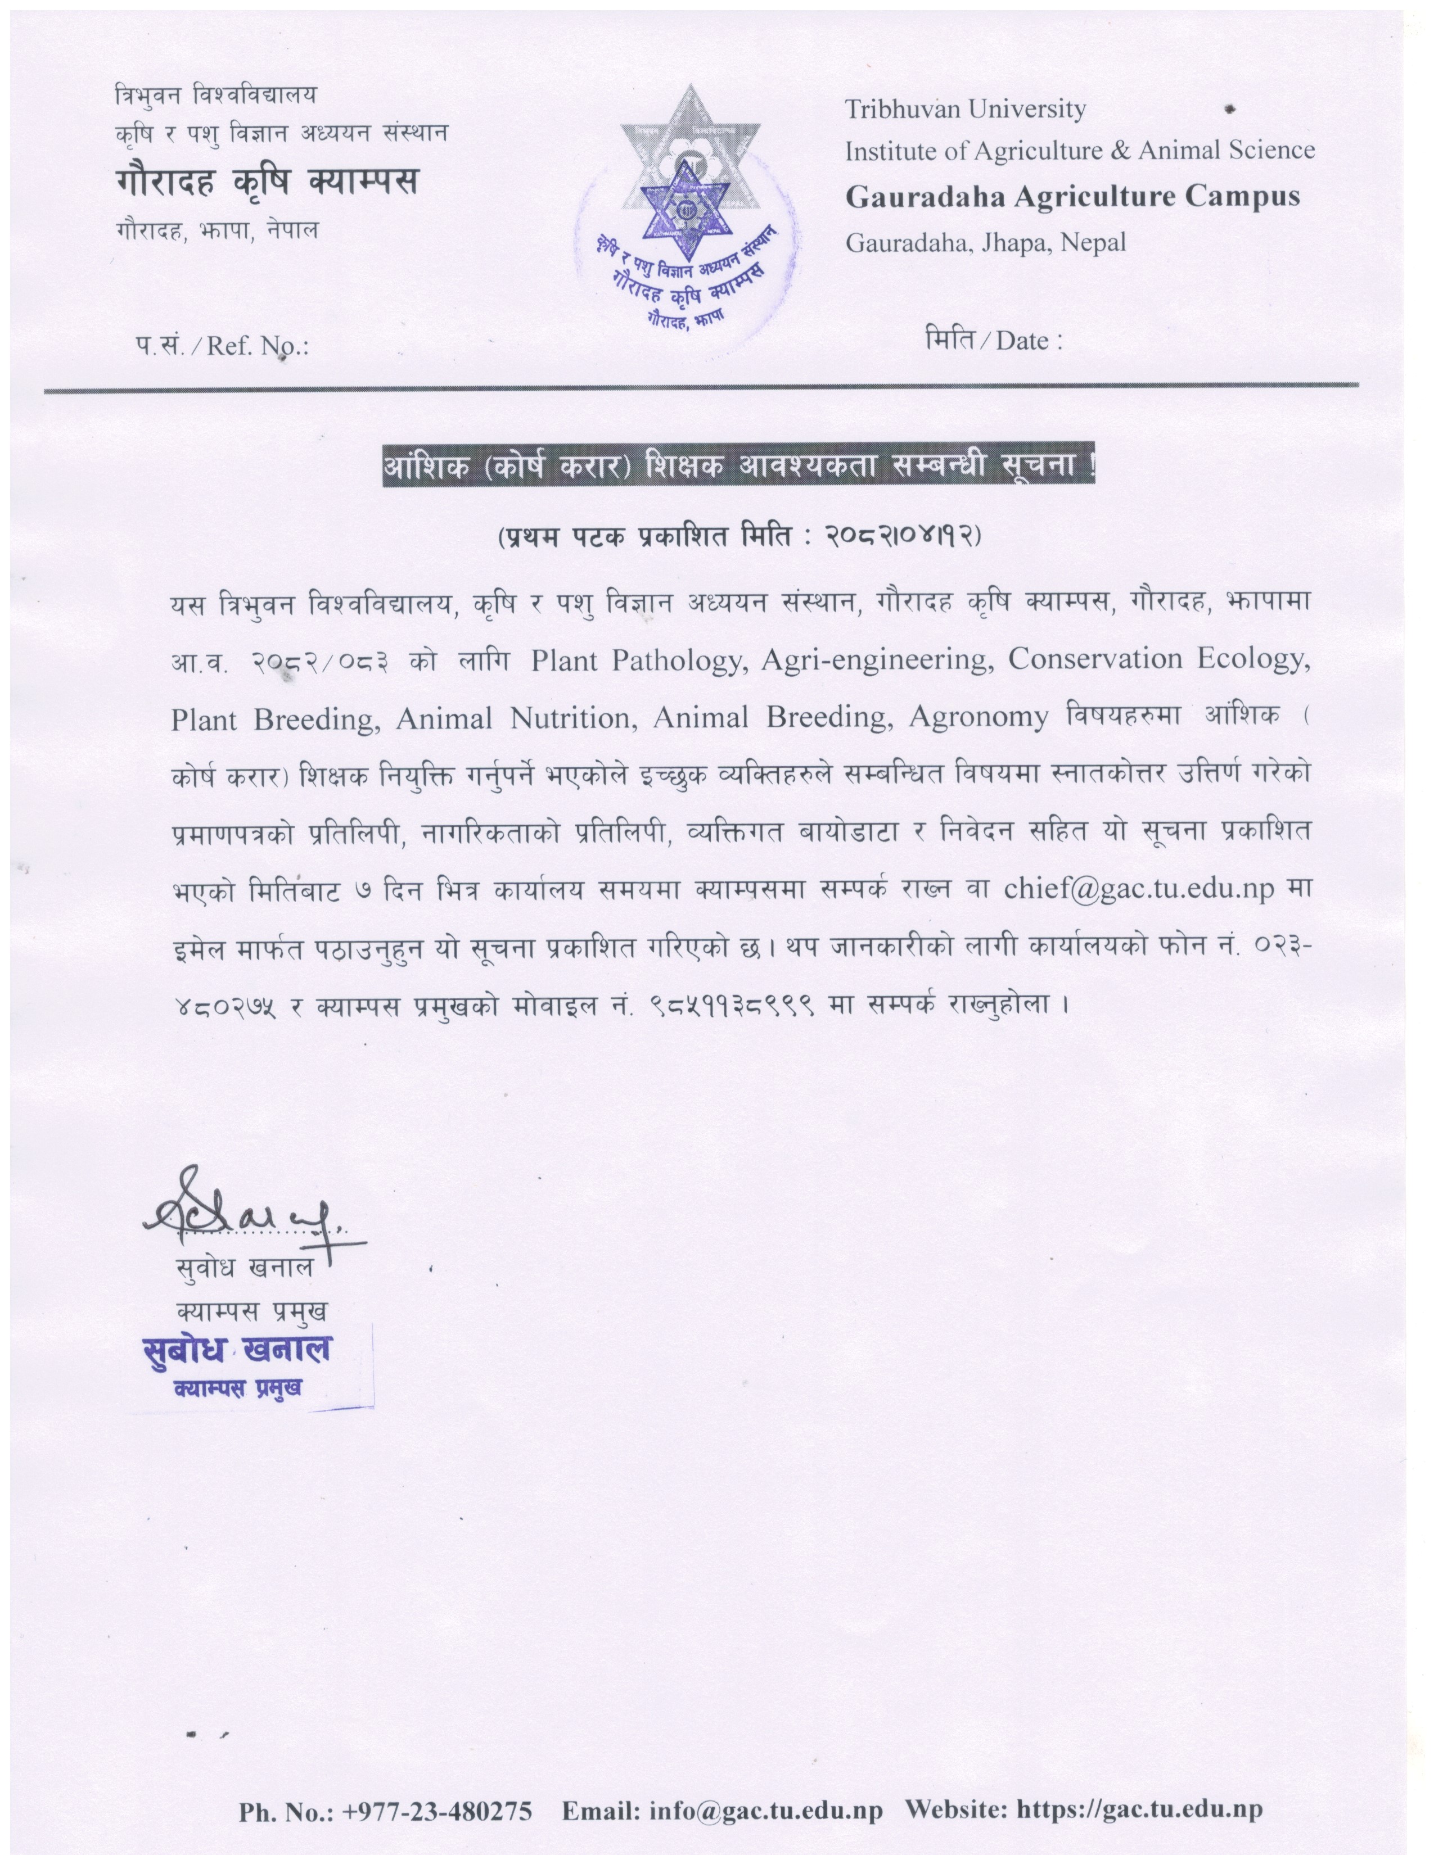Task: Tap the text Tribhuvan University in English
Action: tap(965, 110)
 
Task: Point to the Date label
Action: tap(993, 341)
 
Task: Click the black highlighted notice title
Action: tap(737, 467)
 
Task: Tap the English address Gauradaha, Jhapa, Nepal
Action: tap(985, 243)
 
